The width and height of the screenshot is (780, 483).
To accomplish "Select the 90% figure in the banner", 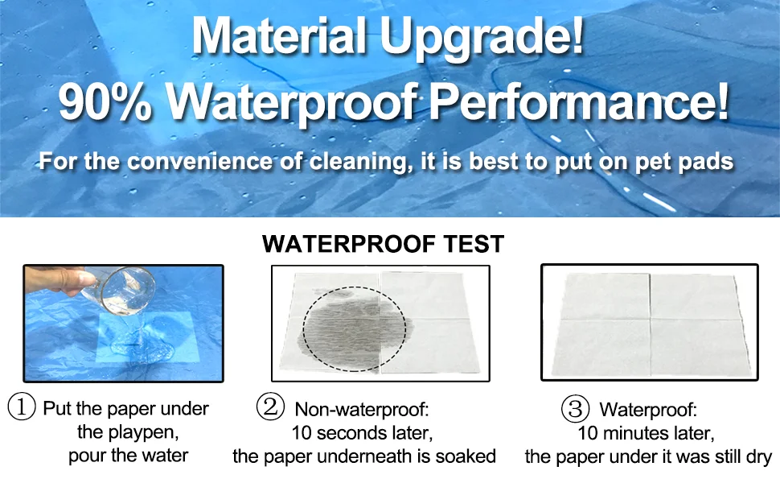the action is (x=105, y=102).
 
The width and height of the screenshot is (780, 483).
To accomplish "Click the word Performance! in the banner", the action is (x=578, y=102).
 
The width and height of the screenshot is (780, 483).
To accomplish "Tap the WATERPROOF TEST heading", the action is (x=383, y=243).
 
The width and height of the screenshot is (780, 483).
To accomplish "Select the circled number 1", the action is (x=22, y=407).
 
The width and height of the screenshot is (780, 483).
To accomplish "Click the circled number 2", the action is (x=270, y=407).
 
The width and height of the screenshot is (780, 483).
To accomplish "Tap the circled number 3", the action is (x=575, y=409).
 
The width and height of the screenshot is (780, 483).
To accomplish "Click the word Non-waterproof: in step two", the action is (x=362, y=409).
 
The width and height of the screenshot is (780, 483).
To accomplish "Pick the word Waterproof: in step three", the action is (x=648, y=410).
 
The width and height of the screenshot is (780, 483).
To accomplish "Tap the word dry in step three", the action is (x=758, y=457).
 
